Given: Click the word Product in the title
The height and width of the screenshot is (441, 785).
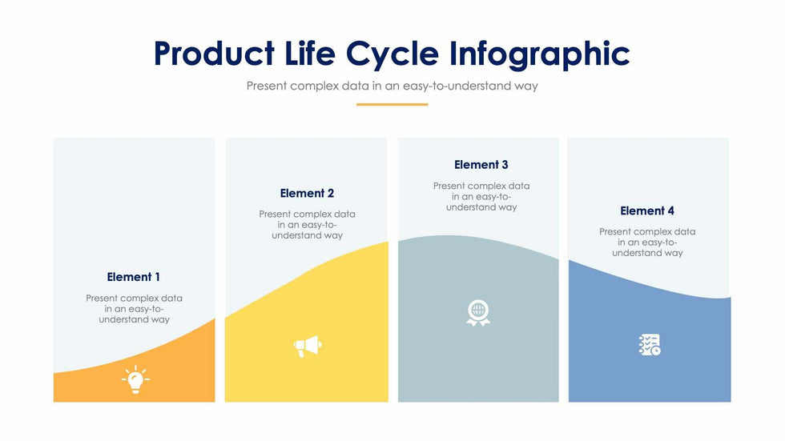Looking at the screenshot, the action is [215, 53].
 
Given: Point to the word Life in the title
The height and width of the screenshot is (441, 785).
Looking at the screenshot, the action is [310, 53].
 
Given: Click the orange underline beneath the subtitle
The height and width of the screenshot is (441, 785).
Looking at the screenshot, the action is [392, 105].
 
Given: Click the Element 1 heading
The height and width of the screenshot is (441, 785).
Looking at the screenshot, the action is [134, 277].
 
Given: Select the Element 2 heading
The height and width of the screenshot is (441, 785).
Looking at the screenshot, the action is [307, 194].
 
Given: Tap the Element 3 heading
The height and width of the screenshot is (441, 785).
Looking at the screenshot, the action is [481, 165].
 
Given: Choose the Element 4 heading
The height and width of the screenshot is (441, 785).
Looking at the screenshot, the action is [647, 211].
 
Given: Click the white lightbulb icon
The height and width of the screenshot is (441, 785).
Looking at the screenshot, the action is [135, 379].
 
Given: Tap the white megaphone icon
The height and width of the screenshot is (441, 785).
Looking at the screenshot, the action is [308, 346].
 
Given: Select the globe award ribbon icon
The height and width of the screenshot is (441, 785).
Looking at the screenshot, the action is [478, 313].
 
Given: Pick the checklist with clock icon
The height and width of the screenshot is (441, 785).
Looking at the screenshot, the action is [650, 345].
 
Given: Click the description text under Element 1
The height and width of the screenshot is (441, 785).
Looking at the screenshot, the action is [135, 308].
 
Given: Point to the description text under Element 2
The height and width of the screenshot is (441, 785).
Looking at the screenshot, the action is [307, 224].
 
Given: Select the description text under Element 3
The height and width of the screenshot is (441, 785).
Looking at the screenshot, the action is [481, 197].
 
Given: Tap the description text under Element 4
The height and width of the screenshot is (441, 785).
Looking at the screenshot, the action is [647, 242].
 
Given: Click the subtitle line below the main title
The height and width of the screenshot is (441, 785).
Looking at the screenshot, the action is [392, 86].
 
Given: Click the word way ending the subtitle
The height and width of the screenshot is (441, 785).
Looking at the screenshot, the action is [526, 87].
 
